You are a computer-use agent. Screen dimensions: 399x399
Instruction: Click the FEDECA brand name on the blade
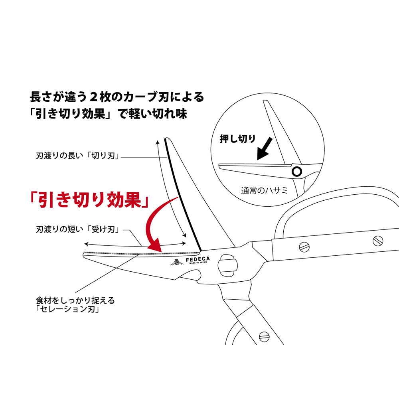[197, 259]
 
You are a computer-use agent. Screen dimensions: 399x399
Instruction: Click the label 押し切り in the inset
[238, 139]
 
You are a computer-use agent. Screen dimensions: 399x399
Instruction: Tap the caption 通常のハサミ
[265, 190]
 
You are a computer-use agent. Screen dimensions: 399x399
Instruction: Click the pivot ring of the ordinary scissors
[296, 172]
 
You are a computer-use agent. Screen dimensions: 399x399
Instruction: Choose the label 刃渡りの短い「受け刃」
[78, 230]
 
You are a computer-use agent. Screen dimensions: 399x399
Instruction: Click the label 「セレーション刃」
[67, 309]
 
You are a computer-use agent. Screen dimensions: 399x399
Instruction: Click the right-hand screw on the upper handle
[377, 241]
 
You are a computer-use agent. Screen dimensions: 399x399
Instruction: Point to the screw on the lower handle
[263, 336]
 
